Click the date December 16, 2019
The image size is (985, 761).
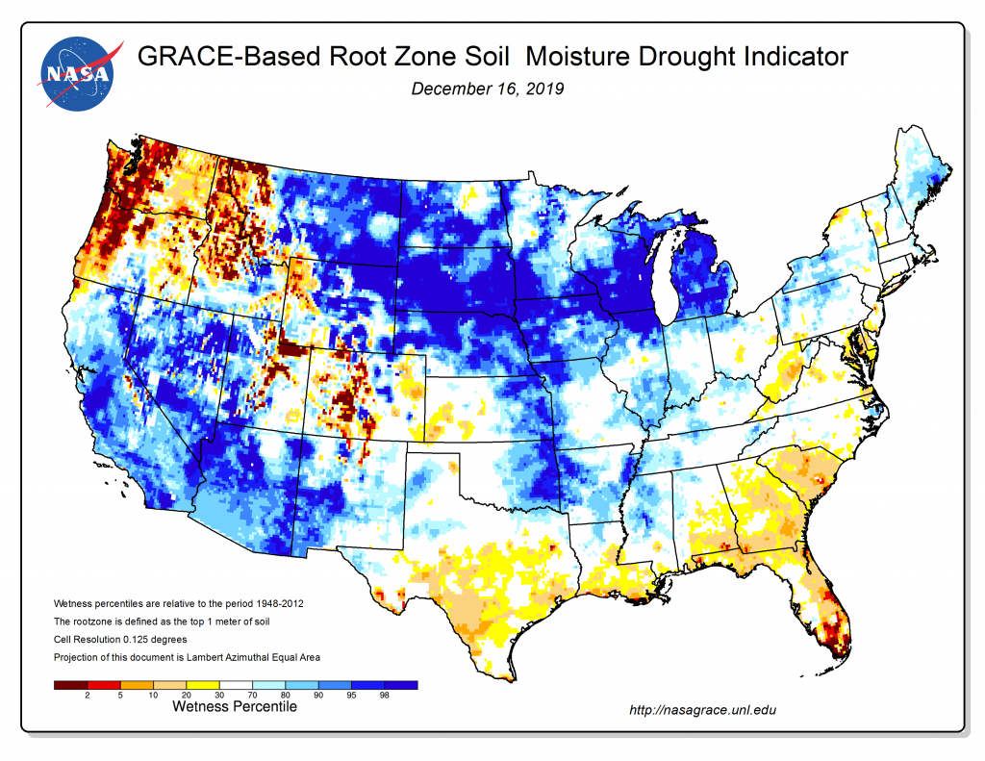coord(487,89)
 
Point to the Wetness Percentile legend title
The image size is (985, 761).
coord(235,707)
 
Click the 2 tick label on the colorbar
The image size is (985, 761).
coord(87,696)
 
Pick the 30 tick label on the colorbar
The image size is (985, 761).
coord(219,696)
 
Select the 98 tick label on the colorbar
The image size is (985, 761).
coord(385,696)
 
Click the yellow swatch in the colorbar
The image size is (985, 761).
coord(203,684)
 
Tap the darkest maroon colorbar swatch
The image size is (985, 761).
coord(70,684)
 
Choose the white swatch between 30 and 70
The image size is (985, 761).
coord(236,684)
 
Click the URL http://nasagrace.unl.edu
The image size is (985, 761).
coord(701,711)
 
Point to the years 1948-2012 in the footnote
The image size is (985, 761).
coord(273,602)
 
